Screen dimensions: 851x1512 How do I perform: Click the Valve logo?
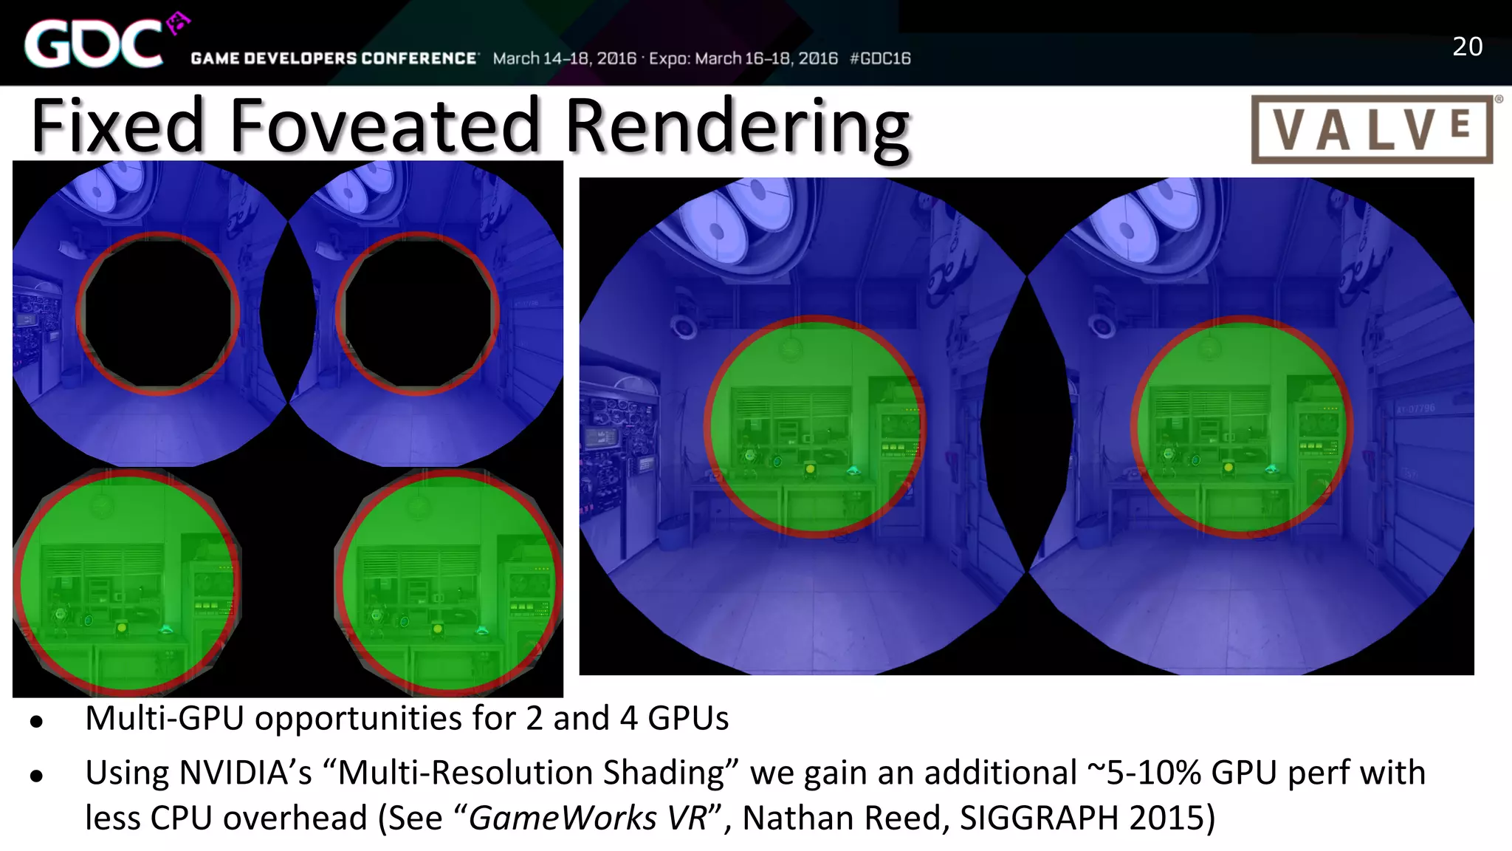pos(1372,129)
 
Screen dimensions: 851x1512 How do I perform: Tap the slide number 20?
pos(1467,47)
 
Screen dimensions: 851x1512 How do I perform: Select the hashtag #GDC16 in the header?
pos(880,58)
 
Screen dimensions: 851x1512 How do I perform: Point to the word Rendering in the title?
pos(737,127)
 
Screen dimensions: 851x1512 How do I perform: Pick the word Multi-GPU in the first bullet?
pos(164,718)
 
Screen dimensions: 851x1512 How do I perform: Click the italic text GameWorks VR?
pos(588,818)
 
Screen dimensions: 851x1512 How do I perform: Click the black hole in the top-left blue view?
pos(158,313)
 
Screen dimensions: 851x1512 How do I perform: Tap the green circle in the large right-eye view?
pos(1241,427)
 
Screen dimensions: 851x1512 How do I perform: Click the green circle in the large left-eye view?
pos(814,427)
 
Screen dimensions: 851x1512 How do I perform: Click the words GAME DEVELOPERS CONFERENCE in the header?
pos(334,58)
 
